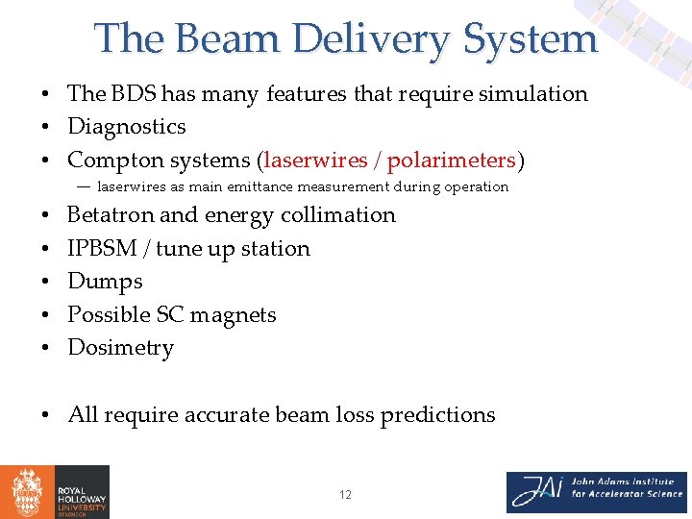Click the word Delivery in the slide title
click(x=371, y=38)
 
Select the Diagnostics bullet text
click(x=126, y=127)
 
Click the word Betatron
click(x=111, y=215)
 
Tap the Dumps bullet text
click(x=105, y=282)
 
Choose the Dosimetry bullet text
click(x=120, y=348)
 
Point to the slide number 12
click(x=345, y=495)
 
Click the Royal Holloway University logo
click(x=55, y=492)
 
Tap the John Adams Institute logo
click(x=596, y=492)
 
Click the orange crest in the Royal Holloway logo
click(x=26, y=492)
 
